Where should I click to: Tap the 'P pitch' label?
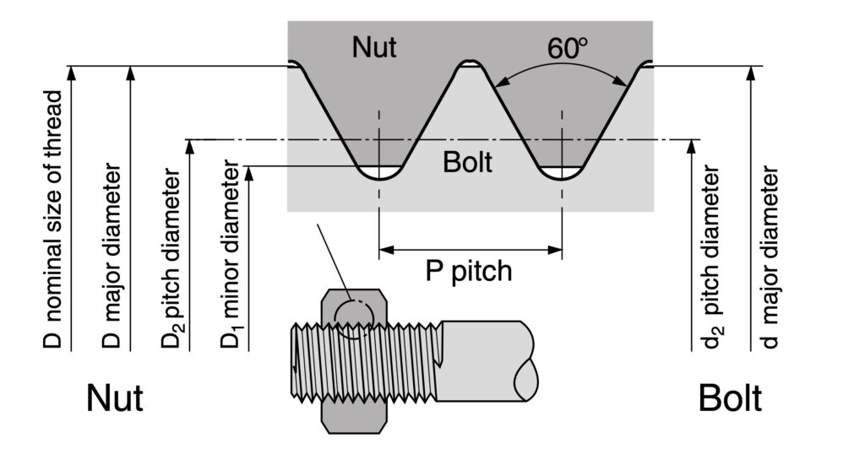[467, 272]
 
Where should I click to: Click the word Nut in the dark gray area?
[374, 47]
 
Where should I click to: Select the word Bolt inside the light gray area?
[467, 162]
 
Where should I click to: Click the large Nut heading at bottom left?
[114, 398]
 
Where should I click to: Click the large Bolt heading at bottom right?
[730, 398]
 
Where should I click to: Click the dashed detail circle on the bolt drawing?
[352, 316]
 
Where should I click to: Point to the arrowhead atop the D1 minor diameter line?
[250, 173]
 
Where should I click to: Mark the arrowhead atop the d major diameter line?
[748, 73]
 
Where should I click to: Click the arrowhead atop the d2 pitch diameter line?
[692, 146]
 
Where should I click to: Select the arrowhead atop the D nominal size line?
[73, 73]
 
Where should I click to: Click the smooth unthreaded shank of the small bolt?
[486, 359]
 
